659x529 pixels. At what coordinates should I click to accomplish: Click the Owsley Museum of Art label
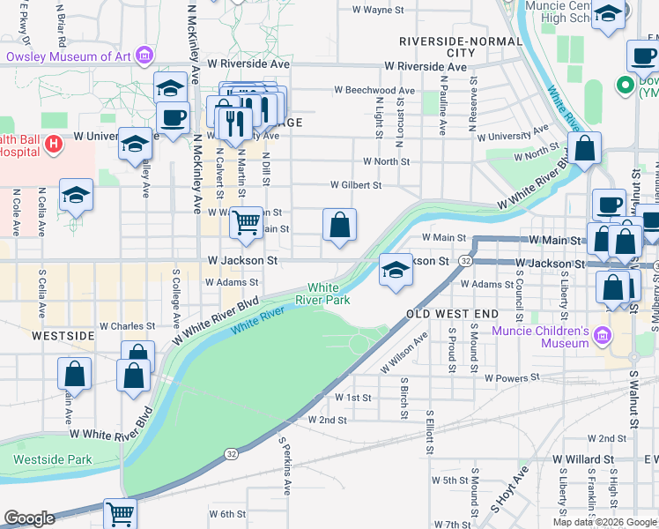click(x=69, y=57)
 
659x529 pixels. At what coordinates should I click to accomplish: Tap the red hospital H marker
click(x=53, y=143)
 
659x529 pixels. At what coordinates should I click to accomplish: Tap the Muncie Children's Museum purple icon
click(x=602, y=334)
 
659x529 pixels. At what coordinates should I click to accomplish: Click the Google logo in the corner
click(x=29, y=518)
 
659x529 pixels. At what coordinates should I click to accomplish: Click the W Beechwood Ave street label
click(x=374, y=90)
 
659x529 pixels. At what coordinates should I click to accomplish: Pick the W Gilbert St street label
click(x=356, y=185)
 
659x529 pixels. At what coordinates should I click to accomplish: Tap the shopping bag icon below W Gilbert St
click(x=339, y=226)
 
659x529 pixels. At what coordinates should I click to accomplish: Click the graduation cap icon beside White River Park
click(x=396, y=271)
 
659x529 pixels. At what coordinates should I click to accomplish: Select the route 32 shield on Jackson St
click(x=465, y=262)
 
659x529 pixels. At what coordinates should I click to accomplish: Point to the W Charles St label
click(x=127, y=326)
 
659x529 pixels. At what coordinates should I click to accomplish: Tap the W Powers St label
click(x=512, y=377)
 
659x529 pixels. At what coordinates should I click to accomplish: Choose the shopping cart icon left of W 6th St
click(x=120, y=513)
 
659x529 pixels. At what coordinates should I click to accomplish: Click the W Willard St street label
click(x=583, y=459)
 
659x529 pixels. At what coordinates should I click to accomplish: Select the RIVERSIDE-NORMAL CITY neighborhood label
click(x=437, y=47)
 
